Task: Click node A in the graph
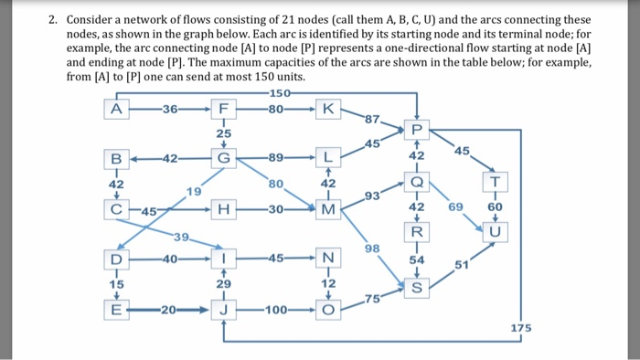114,110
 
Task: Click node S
416,289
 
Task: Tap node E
114,312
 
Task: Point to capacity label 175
519,327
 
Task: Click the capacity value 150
277,94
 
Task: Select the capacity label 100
277,312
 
